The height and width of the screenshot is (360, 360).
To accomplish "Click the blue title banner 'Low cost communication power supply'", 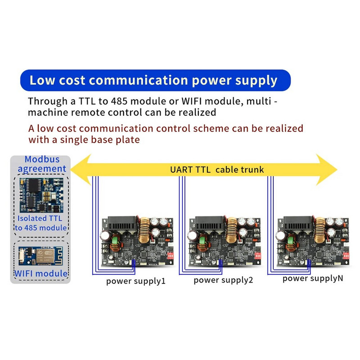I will click(153, 81).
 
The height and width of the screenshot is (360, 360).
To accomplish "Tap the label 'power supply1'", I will click(136, 282).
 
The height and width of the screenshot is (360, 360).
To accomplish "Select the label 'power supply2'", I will click(223, 280).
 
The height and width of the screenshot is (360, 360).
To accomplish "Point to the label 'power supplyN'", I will click(313, 279).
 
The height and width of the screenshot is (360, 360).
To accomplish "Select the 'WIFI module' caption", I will click(41, 274).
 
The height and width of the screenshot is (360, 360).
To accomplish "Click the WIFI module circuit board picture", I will click(40, 256).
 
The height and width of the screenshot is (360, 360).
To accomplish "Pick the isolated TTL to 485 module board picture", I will click(40, 196).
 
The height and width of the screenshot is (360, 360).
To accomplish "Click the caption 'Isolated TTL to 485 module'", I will click(41, 223).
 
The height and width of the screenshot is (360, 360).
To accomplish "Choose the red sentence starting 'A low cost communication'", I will click(166, 134).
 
